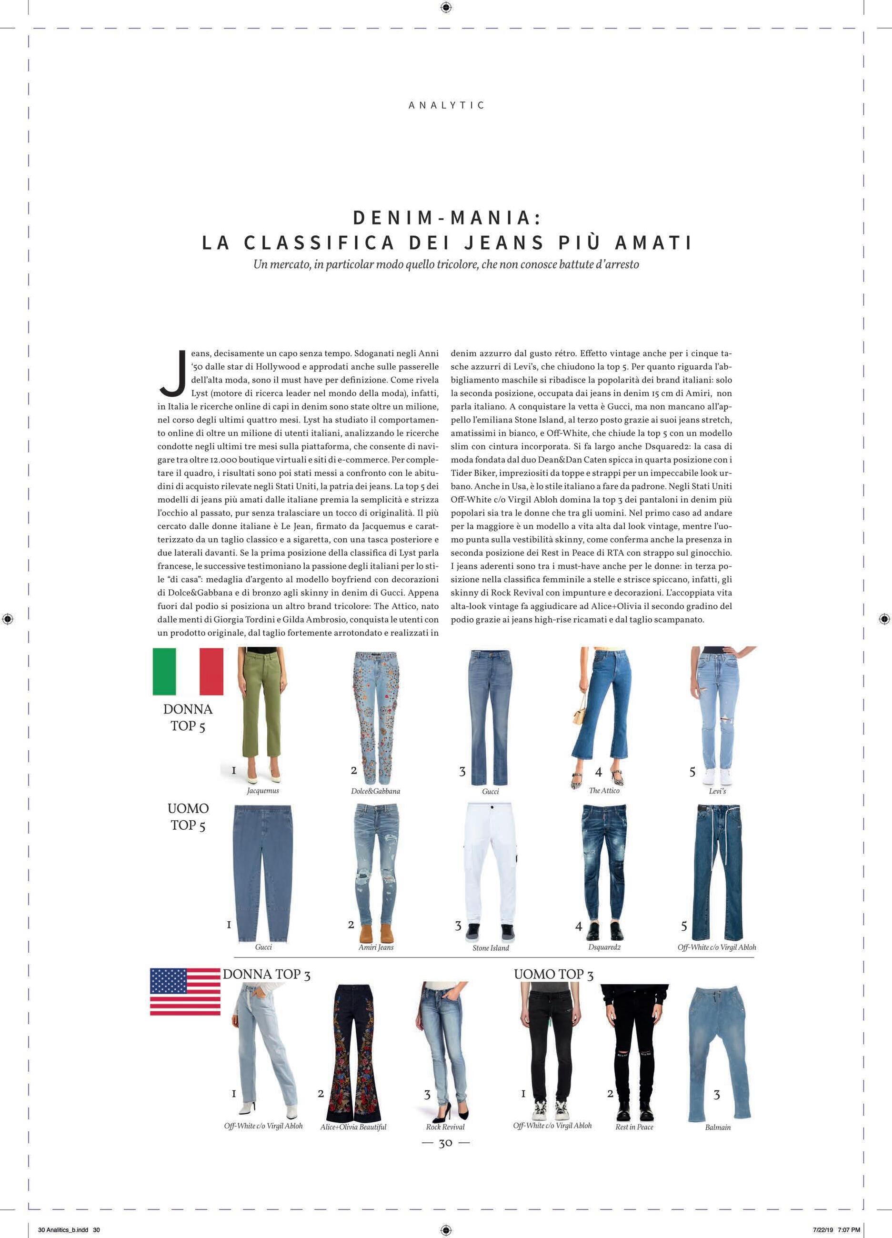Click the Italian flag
click(188, 672)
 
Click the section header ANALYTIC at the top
click(446, 105)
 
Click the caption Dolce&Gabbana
click(376, 791)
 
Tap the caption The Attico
click(604, 790)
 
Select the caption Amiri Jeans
click(376, 947)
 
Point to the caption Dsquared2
click(604, 947)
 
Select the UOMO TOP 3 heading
click(553, 975)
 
